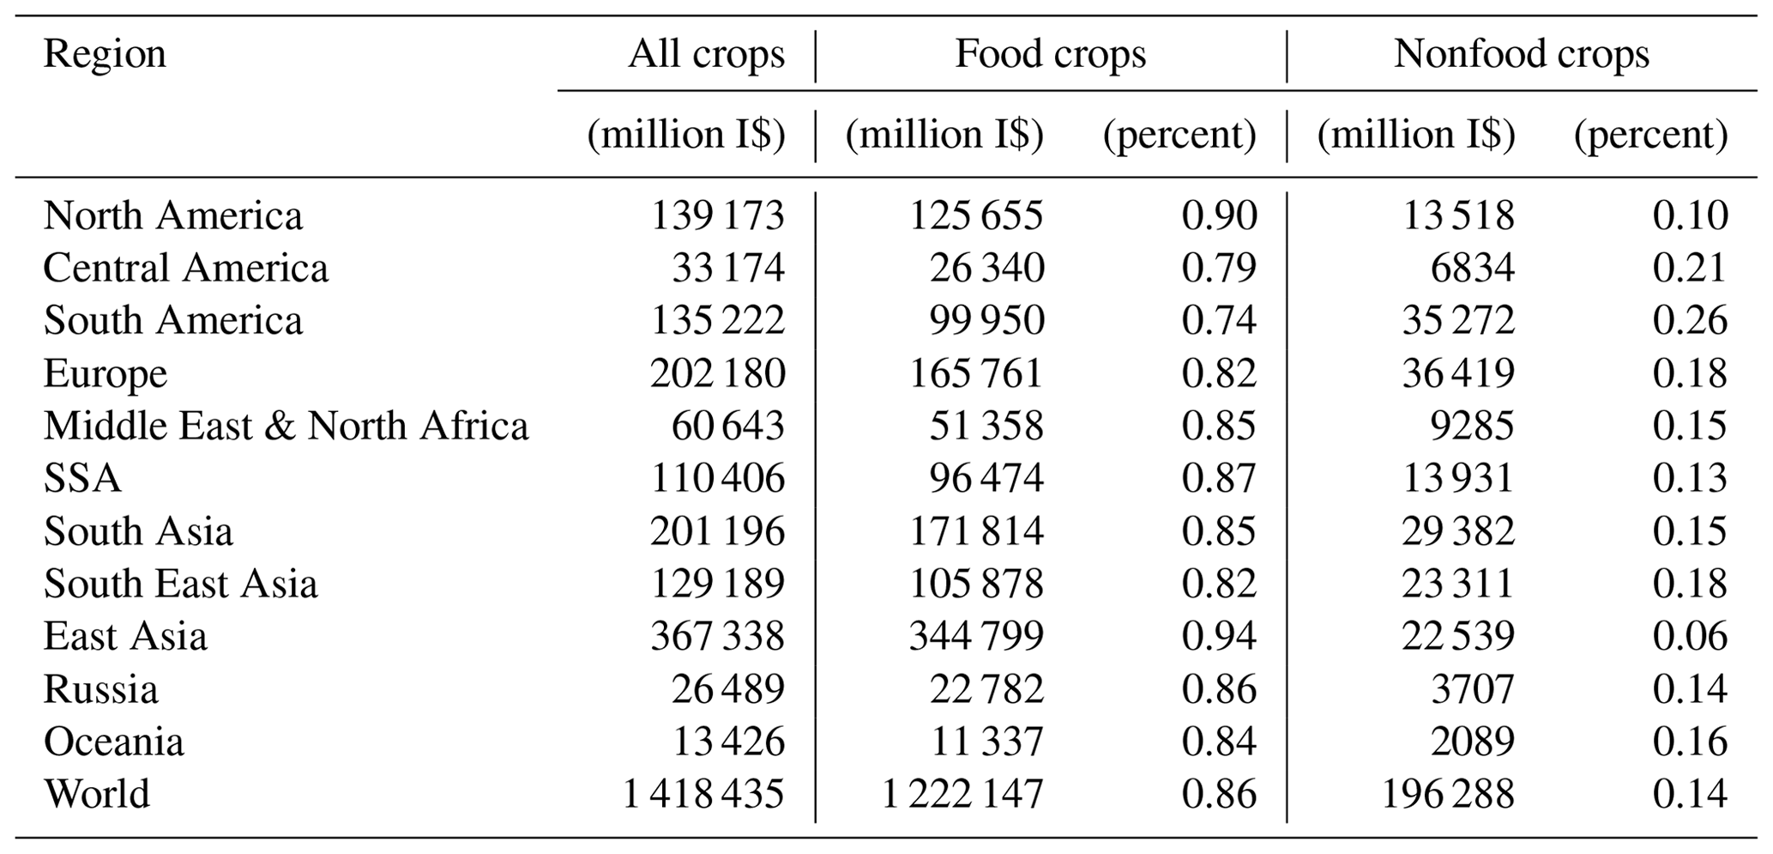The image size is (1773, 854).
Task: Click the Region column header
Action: (x=105, y=54)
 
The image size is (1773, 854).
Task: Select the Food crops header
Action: (x=1050, y=54)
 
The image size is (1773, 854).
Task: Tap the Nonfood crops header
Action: (x=1521, y=54)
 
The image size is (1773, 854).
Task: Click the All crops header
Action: (x=706, y=54)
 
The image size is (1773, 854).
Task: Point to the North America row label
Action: (x=172, y=215)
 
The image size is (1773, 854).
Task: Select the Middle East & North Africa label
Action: (x=286, y=426)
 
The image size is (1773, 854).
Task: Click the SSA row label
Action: (x=82, y=478)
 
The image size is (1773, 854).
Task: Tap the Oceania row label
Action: (x=114, y=742)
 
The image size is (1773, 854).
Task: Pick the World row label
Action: (x=97, y=794)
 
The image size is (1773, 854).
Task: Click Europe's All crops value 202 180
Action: (x=717, y=373)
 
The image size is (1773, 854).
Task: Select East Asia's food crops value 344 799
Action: (x=976, y=636)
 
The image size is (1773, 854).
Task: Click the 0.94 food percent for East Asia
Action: (x=1219, y=636)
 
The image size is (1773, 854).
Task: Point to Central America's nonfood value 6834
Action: (x=1472, y=268)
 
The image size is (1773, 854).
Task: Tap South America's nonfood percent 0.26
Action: (x=1690, y=320)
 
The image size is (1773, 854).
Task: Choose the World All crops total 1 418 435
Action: (x=703, y=794)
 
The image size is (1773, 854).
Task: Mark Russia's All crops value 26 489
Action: (x=727, y=689)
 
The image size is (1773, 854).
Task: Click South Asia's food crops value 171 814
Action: (x=976, y=531)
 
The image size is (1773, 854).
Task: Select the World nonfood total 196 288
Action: (x=1448, y=794)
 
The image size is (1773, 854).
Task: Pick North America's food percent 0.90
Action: (x=1219, y=215)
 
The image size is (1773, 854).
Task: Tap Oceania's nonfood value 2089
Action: (x=1472, y=742)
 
